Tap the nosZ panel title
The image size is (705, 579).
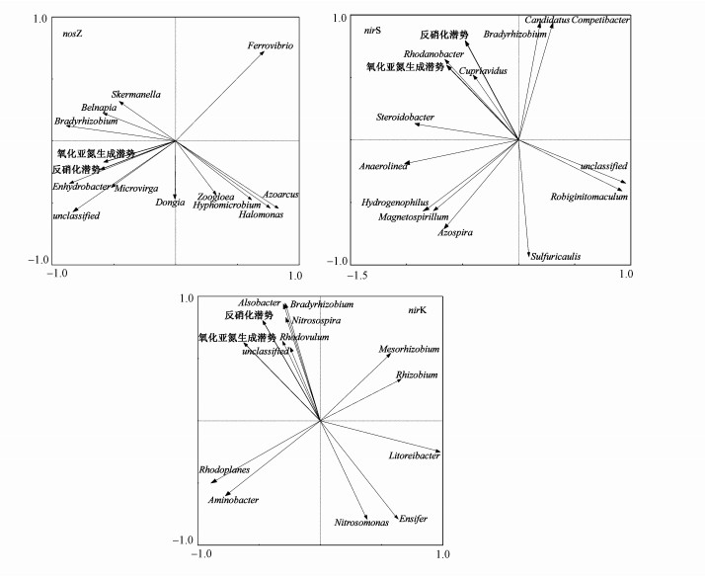68,34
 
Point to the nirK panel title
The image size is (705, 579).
418,311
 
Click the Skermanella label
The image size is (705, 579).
136,95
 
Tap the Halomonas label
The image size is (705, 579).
254,214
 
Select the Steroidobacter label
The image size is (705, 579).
405,118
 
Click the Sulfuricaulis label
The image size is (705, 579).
556,257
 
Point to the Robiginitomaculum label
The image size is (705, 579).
589,198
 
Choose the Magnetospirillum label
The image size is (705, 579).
414,216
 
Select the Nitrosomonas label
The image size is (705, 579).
361,522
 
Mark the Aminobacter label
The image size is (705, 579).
233,501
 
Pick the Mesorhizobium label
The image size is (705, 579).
409,349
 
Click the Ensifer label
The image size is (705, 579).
413,518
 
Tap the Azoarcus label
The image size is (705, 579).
280,195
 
